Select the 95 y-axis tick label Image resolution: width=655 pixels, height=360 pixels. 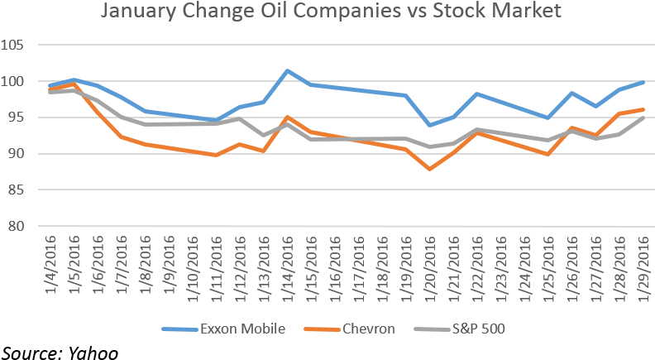pos(22,118)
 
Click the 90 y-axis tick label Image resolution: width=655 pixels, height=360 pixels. pos(22,154)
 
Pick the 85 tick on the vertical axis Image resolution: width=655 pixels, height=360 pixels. pos(22,190)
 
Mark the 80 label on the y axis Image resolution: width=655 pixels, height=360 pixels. pos(22,227)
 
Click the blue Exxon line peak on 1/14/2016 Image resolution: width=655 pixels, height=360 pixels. pos(287,70)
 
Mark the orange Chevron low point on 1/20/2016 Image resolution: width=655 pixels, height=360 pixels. pos(429,169)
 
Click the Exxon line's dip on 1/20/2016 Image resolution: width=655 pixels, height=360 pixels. pos(429,125)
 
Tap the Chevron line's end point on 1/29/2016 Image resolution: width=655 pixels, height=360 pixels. pos(643,109)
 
